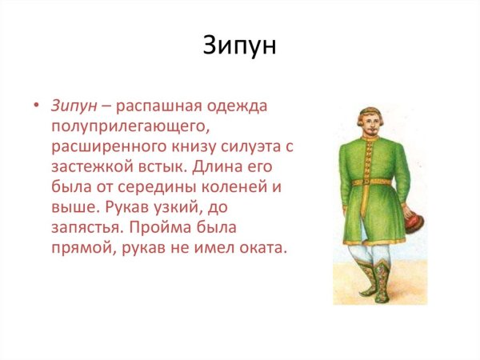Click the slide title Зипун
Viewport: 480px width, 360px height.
(239, 46)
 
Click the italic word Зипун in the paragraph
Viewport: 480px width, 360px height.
(74, 106)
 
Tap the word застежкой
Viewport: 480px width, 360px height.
(87, 167)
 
